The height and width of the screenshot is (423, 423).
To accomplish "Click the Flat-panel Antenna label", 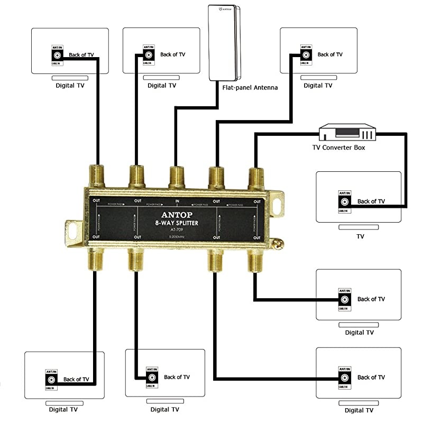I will point(251,88).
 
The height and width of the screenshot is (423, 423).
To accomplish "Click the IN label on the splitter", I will point(177,201).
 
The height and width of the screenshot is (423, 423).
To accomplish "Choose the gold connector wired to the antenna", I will point(176,176).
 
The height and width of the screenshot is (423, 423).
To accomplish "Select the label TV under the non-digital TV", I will point(360,236).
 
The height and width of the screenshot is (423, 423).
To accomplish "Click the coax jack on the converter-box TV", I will point(344,201).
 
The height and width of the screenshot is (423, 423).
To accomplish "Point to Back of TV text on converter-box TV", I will point(371,201).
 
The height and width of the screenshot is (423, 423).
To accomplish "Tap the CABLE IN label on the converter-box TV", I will point(344,210).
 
